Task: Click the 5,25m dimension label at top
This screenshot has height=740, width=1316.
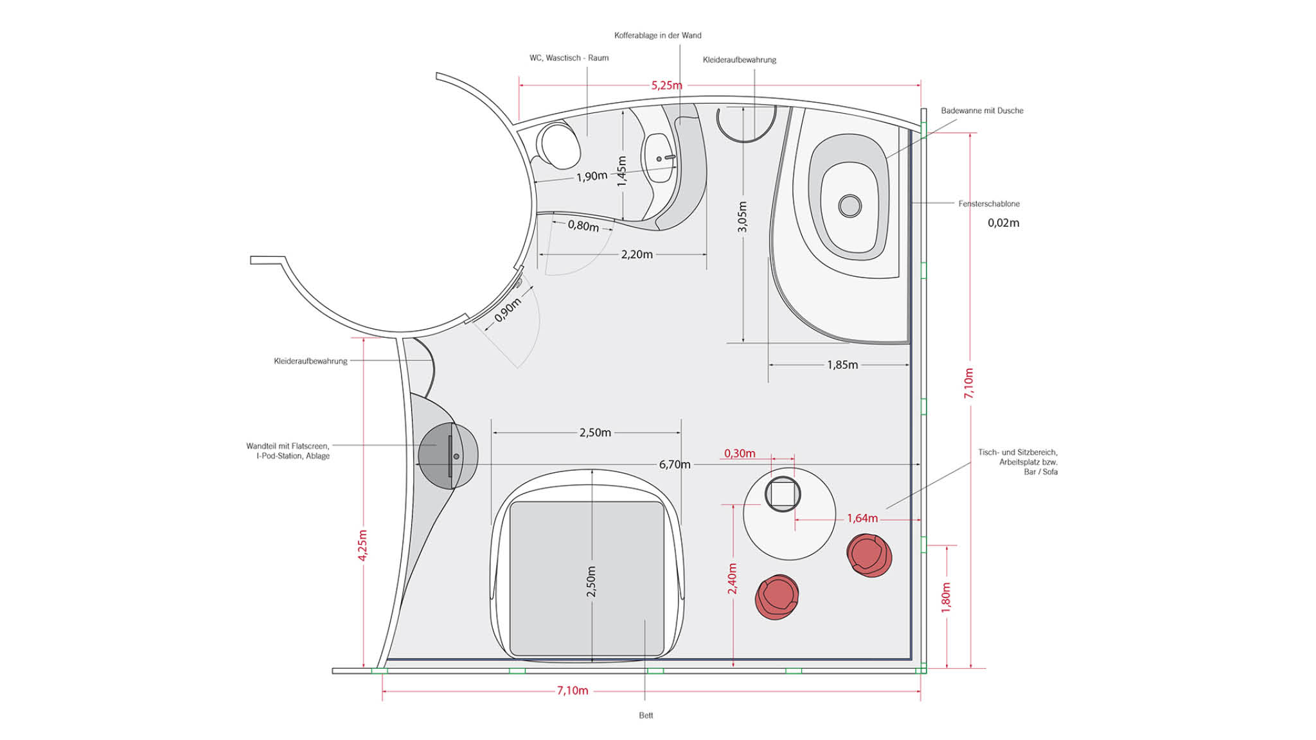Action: tap(666, 85)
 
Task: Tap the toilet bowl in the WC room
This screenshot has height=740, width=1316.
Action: tap(560, 146)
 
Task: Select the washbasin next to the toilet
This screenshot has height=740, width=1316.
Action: tap(660, 157)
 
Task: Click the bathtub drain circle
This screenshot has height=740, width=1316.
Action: tap(850, 206)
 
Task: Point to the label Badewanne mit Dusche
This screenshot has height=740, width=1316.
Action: tap(982, 110)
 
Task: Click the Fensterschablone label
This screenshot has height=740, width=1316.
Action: tap(989, 204)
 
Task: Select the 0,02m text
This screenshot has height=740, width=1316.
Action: tap(1004, 223)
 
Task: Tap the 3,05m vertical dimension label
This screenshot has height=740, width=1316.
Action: tap(742, 216)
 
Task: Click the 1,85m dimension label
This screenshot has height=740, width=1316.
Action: tap(842, 365)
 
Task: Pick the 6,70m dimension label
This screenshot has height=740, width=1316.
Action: tap(675, 464)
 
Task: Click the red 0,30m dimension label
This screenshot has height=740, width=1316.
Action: tap(740, 454)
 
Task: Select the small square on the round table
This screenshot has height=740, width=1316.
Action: tap(783, 495)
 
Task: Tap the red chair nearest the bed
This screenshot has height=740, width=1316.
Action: tap(777, 597)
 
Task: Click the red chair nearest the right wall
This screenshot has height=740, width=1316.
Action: tap(869, 556)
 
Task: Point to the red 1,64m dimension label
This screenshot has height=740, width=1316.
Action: tap(862, 518)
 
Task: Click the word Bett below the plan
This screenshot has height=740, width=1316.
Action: tap(646, 716)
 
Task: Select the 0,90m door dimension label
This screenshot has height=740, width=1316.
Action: tap(508, 310)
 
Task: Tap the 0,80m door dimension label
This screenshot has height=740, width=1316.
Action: tap(583, 225)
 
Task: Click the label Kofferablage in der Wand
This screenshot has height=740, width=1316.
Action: tap(658, 35)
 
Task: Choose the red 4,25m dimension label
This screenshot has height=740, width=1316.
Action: tap(362, 545)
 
